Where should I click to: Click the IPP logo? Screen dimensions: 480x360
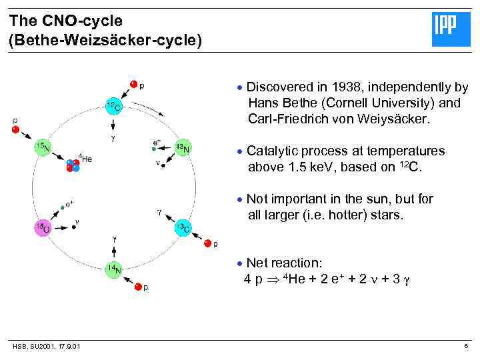[x=451, y=29]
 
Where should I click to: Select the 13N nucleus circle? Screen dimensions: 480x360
[x=183, y=148]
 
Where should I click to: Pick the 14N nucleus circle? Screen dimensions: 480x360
[x=113, y=269]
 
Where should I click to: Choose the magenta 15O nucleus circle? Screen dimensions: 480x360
[x=43, y=228]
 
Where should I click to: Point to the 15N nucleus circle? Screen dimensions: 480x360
[x=43, y=147]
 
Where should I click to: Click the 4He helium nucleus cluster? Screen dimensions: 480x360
[x=72, y=165]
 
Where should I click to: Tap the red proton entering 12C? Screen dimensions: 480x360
[x=134, y=84]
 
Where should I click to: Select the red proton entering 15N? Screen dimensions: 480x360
[x=15, y=129]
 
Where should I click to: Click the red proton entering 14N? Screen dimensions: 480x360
[x=138, y=287]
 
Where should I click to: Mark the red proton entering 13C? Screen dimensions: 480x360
[x=207, y=243]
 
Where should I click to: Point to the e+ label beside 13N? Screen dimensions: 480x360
[x=157, y=141]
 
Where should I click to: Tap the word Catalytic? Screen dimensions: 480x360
[x=274, y=151]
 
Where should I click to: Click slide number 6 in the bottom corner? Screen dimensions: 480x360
[x=466, y=345]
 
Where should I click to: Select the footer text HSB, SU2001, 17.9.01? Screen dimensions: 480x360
[x=46, y=345]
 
